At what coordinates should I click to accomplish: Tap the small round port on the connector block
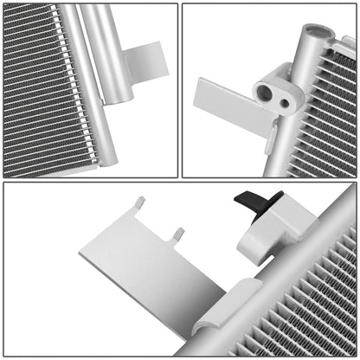[284, 103]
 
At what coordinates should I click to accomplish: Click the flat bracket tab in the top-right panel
[223, 100]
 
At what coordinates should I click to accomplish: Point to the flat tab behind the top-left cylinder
[146, 61]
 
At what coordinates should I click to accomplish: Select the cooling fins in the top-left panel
[35, 87]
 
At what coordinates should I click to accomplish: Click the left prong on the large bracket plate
[139, 204]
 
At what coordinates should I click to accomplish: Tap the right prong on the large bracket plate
[177, 235]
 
